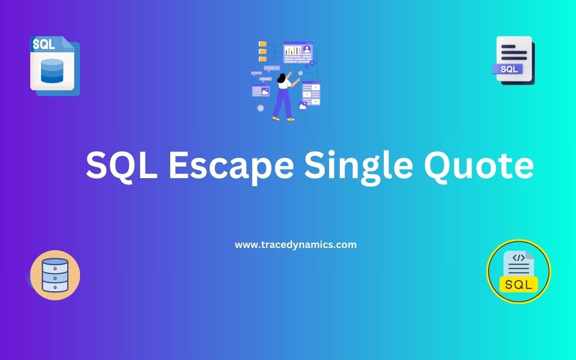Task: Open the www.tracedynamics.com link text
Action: click(295, 245)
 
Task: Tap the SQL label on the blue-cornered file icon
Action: click(44, 44)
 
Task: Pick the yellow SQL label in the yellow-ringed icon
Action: click(518, 284)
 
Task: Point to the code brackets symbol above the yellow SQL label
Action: click(518, 258)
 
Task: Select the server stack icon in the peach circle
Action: click(55, 275)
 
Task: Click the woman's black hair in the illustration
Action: click(282, 78)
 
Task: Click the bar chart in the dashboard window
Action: click(292, 51)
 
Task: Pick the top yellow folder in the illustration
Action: click(262, 44)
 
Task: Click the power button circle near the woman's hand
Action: click(300, 73)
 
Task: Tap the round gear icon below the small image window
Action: click(260, 108)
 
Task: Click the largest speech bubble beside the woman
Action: click(271, 68)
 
